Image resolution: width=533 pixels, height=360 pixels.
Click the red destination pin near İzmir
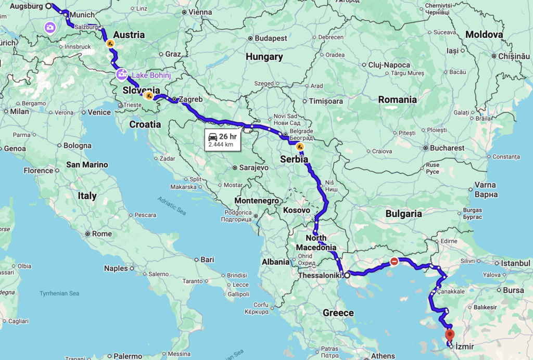tap(450, 335)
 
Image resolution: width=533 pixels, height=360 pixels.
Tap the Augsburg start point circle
tap(48, 6)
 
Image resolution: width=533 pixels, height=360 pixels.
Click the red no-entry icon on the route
tap(395, 262)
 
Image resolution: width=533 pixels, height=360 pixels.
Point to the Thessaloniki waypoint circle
tap(347, 275)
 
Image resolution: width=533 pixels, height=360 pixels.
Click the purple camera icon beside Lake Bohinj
tap(122, 74)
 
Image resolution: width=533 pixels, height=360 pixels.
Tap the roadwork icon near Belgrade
tap(300, 147)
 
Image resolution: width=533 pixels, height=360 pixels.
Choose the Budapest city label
tap(271, 38)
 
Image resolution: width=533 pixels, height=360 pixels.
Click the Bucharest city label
tap(447, 148)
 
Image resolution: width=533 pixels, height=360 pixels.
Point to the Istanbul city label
tap(515, 263)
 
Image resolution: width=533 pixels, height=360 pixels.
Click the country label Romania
tap(398, 99)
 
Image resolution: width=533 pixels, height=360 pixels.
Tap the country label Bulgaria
tap(403, 213)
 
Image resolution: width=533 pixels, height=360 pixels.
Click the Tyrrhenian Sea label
tap(59, 294)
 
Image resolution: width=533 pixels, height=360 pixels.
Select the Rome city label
tap(101, 234)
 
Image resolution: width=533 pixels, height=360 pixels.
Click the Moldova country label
tap(484, 34)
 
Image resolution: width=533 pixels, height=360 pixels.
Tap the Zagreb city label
tap(190, 99)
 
